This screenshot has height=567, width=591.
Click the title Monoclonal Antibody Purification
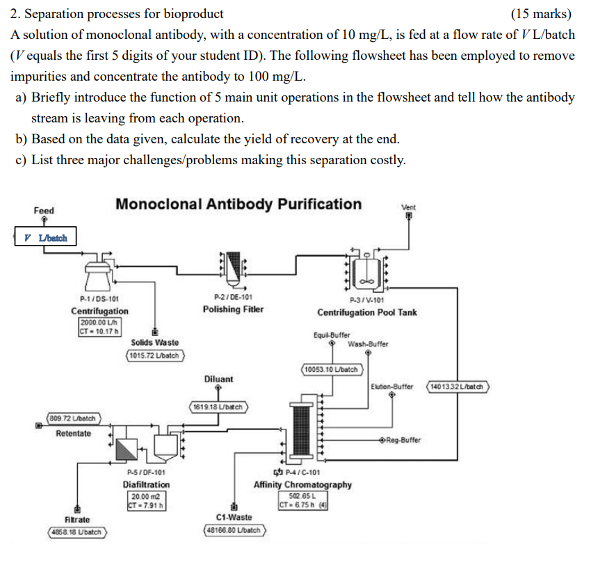238,204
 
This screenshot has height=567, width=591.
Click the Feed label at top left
43,210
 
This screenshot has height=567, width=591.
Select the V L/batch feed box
44,237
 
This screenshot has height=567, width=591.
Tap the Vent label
409,207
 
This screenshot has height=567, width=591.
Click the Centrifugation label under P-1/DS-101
99,311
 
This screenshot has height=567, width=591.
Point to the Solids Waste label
154,342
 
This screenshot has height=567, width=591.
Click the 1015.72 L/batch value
154,356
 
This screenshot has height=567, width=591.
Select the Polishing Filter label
233,309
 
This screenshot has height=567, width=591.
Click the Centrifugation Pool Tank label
367,312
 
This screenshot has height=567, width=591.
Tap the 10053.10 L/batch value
331,369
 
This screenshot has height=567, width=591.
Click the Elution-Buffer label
392,386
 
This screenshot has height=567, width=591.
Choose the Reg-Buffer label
403,440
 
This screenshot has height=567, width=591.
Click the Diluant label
218,379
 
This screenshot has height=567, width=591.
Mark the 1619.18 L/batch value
218,406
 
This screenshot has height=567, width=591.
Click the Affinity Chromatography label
302,484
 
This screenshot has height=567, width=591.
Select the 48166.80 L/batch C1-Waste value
234,529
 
